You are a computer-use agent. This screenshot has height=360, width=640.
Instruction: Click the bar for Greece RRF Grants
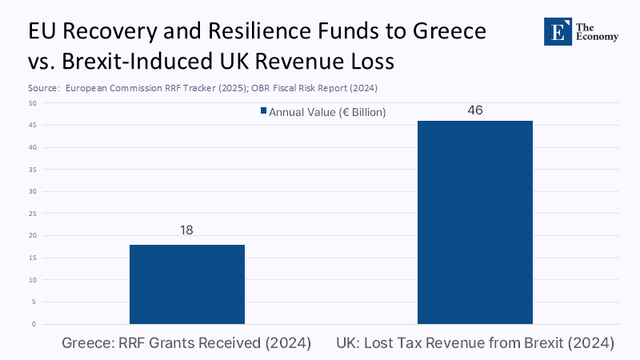[186, 284]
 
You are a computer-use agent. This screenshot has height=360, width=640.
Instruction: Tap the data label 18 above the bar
[186, 230]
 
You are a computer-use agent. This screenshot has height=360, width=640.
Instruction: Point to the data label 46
[474, 110]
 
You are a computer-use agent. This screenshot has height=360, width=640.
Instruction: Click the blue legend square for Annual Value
[262, 113]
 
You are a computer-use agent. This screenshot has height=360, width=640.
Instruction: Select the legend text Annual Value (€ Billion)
[327, 113]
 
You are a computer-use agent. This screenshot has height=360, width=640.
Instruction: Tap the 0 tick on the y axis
[34, 324]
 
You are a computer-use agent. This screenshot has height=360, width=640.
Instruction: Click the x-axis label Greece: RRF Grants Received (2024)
[186, 344]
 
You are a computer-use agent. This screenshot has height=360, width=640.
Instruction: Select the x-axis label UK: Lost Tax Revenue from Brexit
[474, 344]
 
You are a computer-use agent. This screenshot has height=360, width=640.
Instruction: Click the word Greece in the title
[443, 33]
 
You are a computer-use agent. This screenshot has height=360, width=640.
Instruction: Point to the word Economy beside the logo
[597, 37]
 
